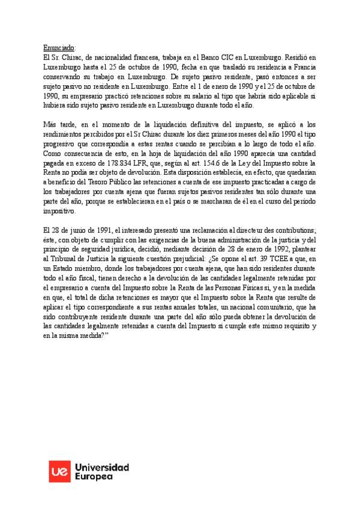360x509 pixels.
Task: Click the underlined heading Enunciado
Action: pos(59,47)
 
